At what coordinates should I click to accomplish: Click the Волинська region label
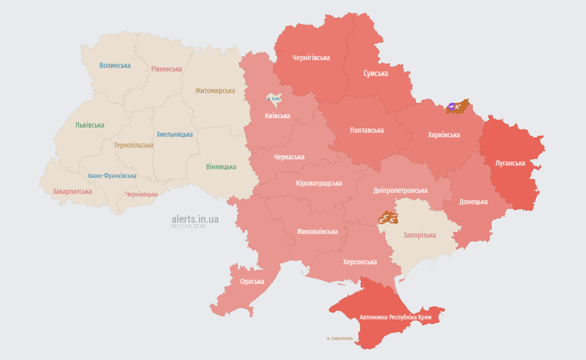[x=115, y=65]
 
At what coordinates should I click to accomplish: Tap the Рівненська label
[x=166, y=69]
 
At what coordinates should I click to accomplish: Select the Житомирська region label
[x=215, y=91]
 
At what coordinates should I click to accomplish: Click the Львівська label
[x=90, y=125]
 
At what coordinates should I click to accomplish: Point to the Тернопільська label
[x=134, y=145]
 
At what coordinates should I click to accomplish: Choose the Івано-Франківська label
[x=112, y=176]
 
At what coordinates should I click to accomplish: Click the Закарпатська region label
[x=72, y=191]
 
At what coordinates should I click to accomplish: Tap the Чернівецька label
[x=141, y=194]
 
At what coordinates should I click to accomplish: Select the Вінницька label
[x=221, y=167]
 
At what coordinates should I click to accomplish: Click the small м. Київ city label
[x=273, y=98]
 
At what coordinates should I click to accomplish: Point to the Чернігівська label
[x=311, y=58]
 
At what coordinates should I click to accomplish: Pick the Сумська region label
[x=376, y=74]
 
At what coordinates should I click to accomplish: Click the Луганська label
[x=510, y=163]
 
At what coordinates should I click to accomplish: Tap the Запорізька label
[x=419, y=235]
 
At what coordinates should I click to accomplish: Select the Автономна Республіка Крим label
[x=395, y=317]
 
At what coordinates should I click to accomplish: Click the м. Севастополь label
[x=340, y=338]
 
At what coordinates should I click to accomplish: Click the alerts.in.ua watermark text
[x=195, y=219]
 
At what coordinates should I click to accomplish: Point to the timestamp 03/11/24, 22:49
[x=188, y=226]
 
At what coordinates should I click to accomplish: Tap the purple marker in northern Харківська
[x=451, y=106]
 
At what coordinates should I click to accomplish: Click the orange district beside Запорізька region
[x=388, y=218]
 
